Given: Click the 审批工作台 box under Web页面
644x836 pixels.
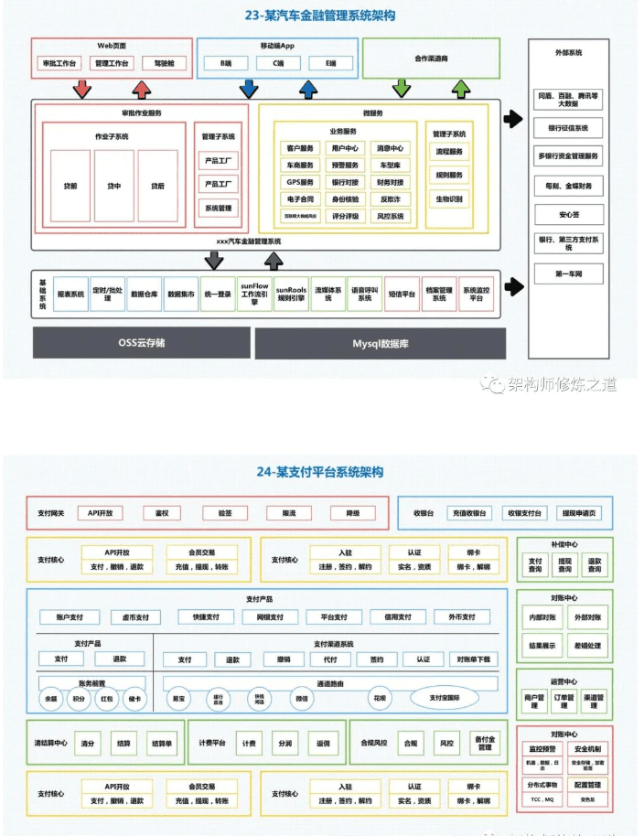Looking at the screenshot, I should point(60,64).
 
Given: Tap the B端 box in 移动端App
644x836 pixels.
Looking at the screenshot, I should point(225,64).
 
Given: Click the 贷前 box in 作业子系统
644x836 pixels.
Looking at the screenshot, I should point(70,186).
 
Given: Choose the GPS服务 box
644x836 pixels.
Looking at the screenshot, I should point(299,182).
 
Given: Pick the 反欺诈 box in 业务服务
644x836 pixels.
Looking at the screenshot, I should point(391,199).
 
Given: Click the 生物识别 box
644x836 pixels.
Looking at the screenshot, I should point(449,199).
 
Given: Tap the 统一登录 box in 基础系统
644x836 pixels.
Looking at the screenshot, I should point(218,295).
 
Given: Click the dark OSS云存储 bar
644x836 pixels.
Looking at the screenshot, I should point(141,343).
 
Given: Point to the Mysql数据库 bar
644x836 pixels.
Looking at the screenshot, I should point(378,343).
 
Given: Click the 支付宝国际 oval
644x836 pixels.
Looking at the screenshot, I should point(450,699).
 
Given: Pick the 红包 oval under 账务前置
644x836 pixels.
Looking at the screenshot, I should point(107,699).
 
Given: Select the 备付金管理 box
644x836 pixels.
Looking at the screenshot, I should point(484,743).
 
